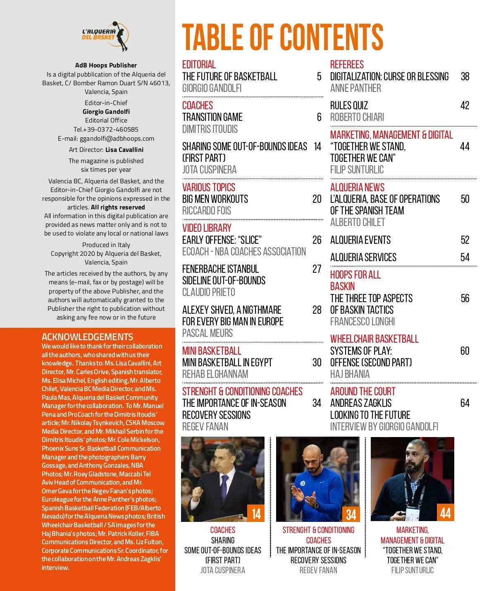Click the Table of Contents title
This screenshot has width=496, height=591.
[x=283, y=37]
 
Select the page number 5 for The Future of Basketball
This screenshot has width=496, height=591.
[x=319, y=77]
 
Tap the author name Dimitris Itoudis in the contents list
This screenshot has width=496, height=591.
[x=210, y=129]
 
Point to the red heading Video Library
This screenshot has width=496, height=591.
[x=207, y=228]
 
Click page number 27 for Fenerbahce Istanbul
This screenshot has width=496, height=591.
[x=317, y=269]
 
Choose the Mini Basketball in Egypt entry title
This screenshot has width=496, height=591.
[x=227, y=363]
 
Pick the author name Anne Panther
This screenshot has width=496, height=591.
[x=355, y=88]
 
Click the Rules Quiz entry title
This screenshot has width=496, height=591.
[x=349, y=106]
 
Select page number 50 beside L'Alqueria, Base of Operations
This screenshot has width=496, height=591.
[x=465, y=199]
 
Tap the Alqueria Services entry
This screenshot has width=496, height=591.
[x=363, y=257]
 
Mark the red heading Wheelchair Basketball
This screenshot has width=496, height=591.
[x=374, y=339]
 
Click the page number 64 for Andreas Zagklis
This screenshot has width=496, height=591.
[x=465, y=403]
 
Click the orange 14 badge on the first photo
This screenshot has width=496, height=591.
[x=256, y=514]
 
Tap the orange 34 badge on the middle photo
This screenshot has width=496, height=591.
[x=351, y=514]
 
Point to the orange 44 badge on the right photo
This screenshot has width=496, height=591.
[x=446, y=513]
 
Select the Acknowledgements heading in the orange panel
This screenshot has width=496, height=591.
[x=87, y=337]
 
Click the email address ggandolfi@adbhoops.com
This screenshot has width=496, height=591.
[x=117, y=139]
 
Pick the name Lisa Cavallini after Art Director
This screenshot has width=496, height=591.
[x=124, y=150]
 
